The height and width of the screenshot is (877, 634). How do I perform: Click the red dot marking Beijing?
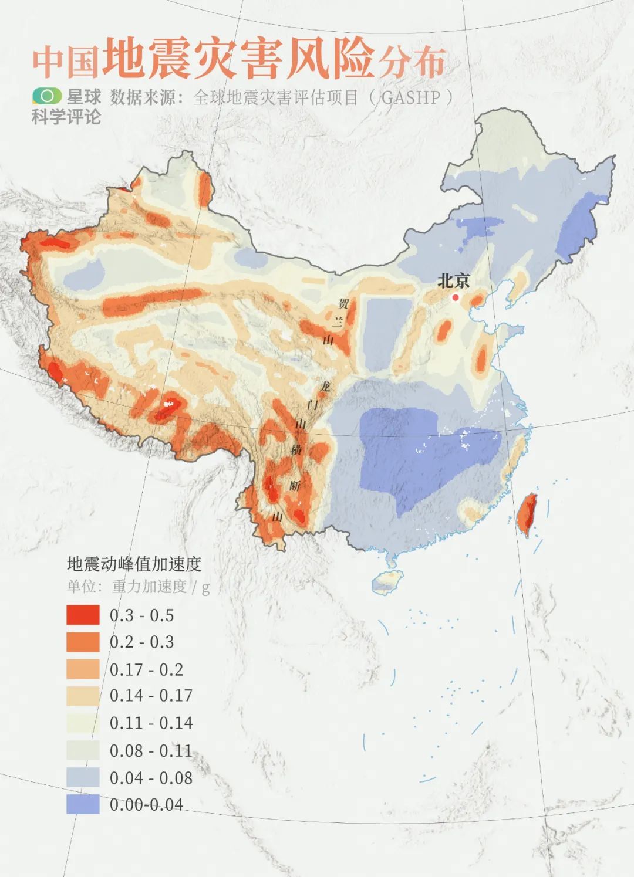(455, 297)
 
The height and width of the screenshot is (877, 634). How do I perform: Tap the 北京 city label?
(453, 281)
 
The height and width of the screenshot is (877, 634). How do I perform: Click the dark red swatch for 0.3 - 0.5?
(83, 615)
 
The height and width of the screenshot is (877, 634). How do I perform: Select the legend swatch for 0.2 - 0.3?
(83, 642)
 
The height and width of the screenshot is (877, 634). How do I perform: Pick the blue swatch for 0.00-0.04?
(83, 804)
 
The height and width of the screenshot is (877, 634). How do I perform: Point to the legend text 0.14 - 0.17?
(151, 696)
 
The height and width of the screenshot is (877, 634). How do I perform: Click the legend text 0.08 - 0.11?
(151, 750)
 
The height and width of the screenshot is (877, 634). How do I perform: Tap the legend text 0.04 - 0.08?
(151, 778)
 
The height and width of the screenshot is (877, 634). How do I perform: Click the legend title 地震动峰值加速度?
(134, 564)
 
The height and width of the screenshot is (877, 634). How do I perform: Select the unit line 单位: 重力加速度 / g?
(138, 587)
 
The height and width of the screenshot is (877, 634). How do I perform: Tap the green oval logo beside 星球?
(46, 95)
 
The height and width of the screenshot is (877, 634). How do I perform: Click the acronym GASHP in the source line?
(410, 97)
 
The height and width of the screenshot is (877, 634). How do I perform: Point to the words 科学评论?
(66, 117)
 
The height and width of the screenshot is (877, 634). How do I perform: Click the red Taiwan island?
(528, 513)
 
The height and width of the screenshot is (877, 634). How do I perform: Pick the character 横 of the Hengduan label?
(296, 450)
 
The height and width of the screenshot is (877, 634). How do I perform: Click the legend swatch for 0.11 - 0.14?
(83, 723)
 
